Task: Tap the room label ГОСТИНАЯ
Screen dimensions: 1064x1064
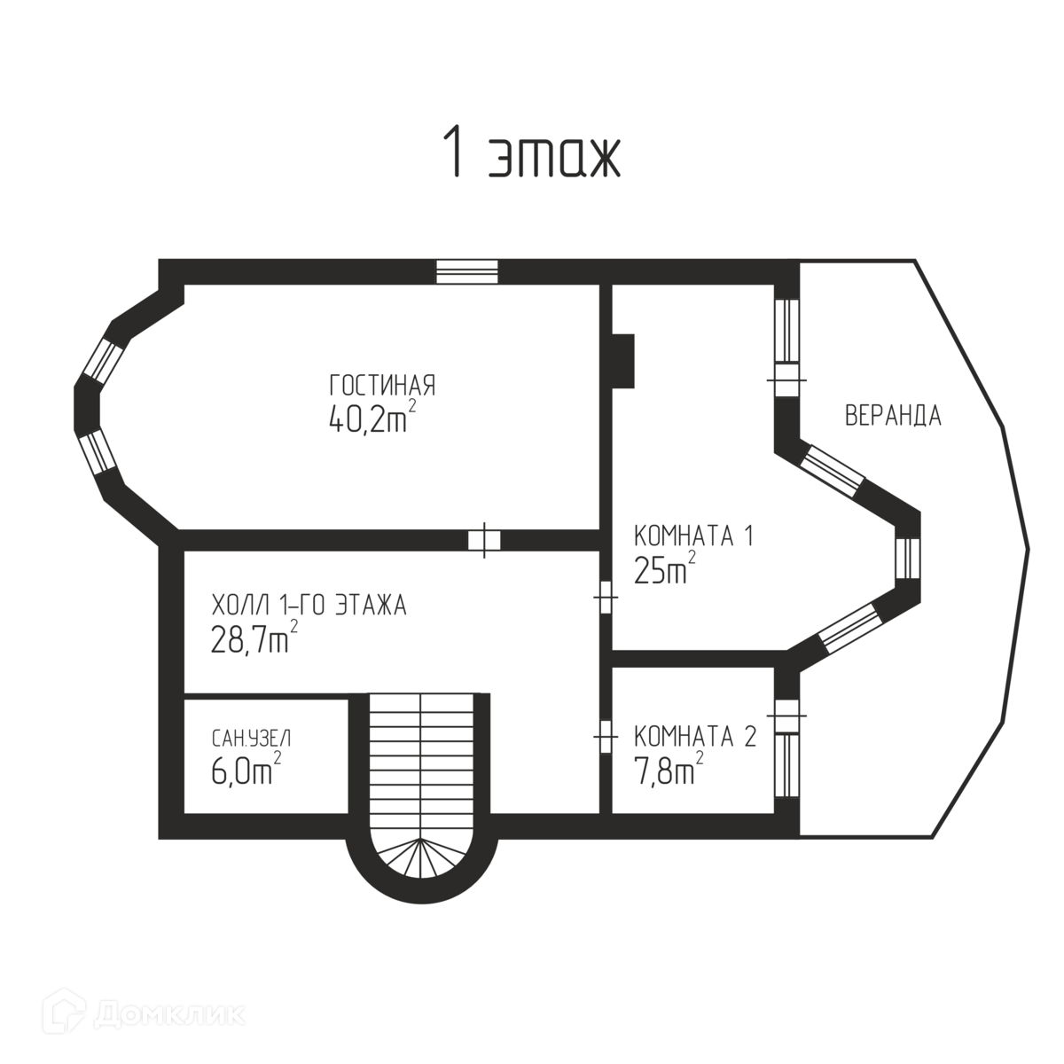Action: pos(382,387)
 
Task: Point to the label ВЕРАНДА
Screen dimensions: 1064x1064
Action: pos(892,416)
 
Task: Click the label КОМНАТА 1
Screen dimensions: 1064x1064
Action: pos(693,536)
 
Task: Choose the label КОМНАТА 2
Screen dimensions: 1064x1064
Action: pos(695,737)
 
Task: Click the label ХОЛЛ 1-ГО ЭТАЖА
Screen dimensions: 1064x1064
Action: pos(308,606)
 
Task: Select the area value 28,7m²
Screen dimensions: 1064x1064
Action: pos(254,638)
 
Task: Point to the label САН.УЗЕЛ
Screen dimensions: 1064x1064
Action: pos(251,738)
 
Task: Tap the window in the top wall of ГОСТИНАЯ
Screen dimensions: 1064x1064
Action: pos(467,270)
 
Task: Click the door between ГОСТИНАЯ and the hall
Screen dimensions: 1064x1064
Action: pos(484,539)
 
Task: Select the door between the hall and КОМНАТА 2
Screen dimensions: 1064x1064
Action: pos(606,735)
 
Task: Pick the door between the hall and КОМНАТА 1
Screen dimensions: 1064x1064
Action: pos(606,598)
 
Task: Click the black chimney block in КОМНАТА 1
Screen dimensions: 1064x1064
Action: pos(623,360)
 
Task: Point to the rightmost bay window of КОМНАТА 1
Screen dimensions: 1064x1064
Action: pos(907,559)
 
